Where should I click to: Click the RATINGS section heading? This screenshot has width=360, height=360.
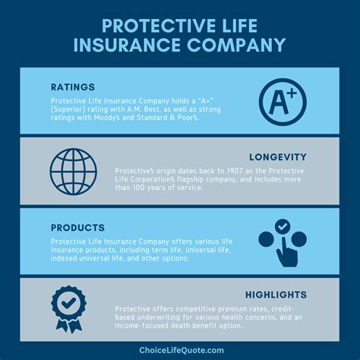pyautogui.click(x=74, y=87)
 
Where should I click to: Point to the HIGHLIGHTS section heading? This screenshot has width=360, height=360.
pyautogui.click(x=276, y=294)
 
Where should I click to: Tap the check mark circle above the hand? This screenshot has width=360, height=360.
pyautogui.click(x=282, y=226)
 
